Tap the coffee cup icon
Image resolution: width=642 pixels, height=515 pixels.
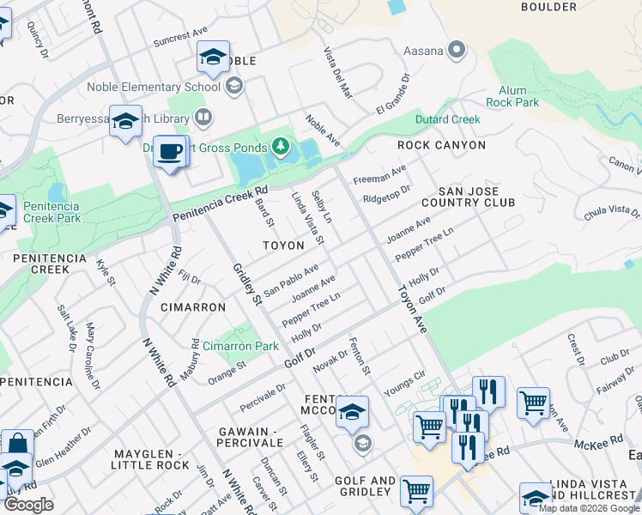click(170, 152)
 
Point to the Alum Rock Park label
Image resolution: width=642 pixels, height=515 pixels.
click(518, 96)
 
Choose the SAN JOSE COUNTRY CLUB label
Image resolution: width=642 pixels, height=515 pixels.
click(476, 197)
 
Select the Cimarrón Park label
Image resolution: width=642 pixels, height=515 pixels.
click(241, 346)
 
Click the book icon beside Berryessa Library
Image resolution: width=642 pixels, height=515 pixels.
click(203, 116)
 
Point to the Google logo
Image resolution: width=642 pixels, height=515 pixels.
click(28, 505)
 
